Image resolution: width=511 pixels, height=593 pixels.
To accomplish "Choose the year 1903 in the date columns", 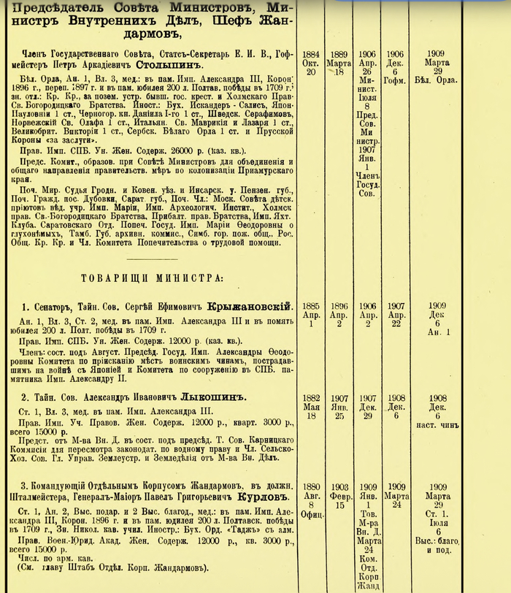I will pyautogui.click(x=339, y=486).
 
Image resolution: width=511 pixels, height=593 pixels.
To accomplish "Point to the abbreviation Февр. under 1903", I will pyautogui.click(x=339, y=495).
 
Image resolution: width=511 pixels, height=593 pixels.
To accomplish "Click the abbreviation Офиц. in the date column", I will pyautogui.click(x=312, y=513).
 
